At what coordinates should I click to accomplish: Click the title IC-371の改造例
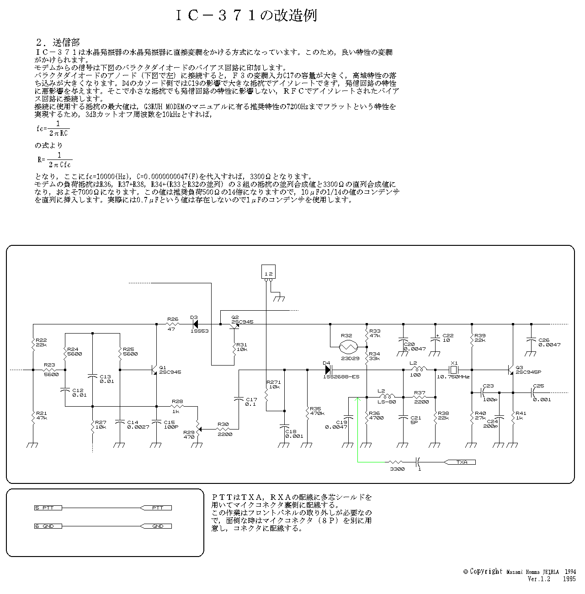[x=246, y=15]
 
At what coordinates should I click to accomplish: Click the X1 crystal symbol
[x=453, y=370]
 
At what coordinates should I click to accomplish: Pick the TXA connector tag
[x=462, y=462]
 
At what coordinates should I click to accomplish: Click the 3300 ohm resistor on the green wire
[x=397, y=462]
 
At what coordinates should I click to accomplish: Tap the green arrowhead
[x=358, y=400]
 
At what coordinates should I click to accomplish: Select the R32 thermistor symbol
[x=350, y=347]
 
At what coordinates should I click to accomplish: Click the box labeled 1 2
[x=269, y=273]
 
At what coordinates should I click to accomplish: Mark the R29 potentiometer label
[x=188, y=434]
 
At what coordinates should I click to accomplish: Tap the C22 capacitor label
[x=448, y=338]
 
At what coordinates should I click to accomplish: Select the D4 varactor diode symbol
[x=328, y=370]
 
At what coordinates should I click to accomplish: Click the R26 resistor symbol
[x=173, y=324]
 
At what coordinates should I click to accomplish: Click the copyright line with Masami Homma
[x=519, y=571]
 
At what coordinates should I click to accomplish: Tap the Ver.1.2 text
[x=539, y=578]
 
